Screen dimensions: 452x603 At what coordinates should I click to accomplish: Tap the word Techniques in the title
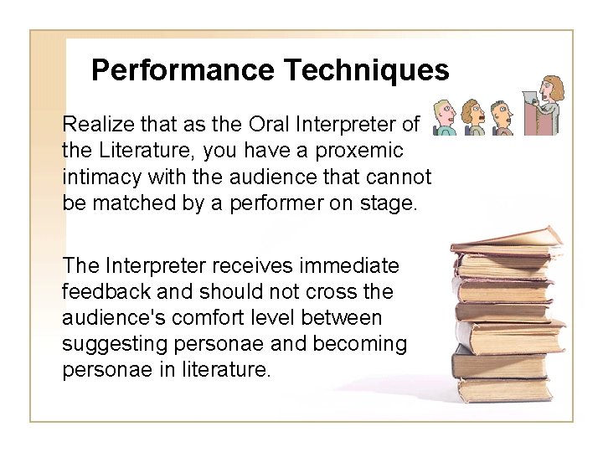[368, 70]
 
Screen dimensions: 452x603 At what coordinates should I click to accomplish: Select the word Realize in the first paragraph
[96, 126]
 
